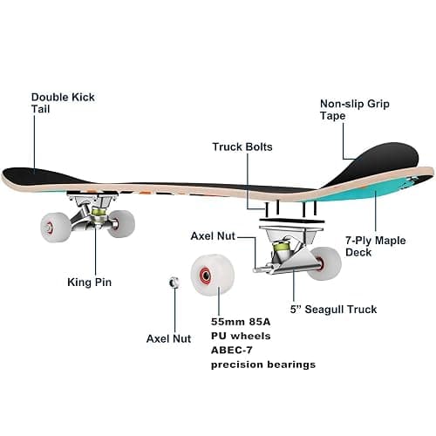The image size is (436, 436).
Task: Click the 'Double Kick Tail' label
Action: point(63,103)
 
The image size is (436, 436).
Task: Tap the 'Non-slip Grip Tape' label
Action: point(355,110)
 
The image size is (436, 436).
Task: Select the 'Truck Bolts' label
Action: point(242,146)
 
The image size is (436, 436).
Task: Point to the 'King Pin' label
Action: point(90,282)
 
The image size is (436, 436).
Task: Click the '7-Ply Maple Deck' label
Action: point(376,246)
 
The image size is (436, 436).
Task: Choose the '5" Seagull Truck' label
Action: point(333,310)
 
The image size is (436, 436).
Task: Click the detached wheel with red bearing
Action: point(213,275)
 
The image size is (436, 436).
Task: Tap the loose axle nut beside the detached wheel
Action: point(174,283)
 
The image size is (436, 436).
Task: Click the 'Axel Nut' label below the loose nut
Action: point(168,338)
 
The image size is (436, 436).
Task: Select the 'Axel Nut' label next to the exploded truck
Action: point(213,236)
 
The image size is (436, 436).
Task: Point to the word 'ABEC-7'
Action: point(232,351)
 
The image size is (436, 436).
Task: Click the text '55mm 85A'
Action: point(241,322)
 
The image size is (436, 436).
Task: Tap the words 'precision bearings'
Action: point(263,364)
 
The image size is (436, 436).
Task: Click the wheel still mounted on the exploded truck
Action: point(325,263)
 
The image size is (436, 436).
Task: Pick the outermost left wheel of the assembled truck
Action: point(55,228)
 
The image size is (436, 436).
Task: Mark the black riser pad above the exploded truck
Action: point(291,221)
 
